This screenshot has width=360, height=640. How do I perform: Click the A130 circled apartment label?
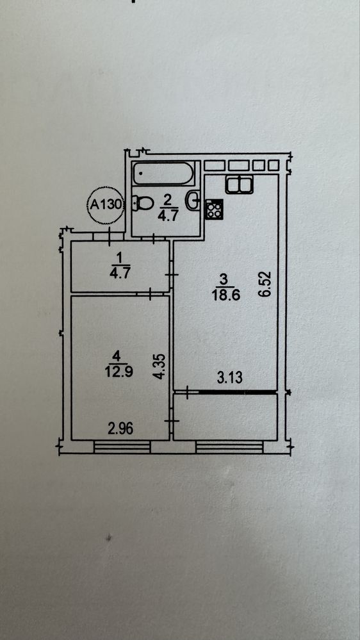[106, 204]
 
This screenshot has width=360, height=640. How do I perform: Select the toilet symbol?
[142, 202]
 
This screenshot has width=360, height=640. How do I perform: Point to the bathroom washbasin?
[193, 201]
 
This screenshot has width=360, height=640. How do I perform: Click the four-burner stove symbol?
[215, 209]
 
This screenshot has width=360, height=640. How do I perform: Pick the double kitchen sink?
[240, 185]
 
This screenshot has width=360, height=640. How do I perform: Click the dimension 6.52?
[267, 284]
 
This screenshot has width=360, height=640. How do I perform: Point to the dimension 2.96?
[120, 429]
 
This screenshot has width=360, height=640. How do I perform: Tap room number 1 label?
[119, 258]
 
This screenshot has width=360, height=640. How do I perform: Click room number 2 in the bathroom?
[168, 199]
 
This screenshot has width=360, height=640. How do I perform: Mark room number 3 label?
[223, 280]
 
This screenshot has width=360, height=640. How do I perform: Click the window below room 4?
[122, 447]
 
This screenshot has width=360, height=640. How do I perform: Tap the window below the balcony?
[229, 447]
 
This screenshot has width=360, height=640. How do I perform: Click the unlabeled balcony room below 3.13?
[225, 416]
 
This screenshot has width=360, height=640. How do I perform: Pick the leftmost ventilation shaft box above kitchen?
[215, 165]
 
